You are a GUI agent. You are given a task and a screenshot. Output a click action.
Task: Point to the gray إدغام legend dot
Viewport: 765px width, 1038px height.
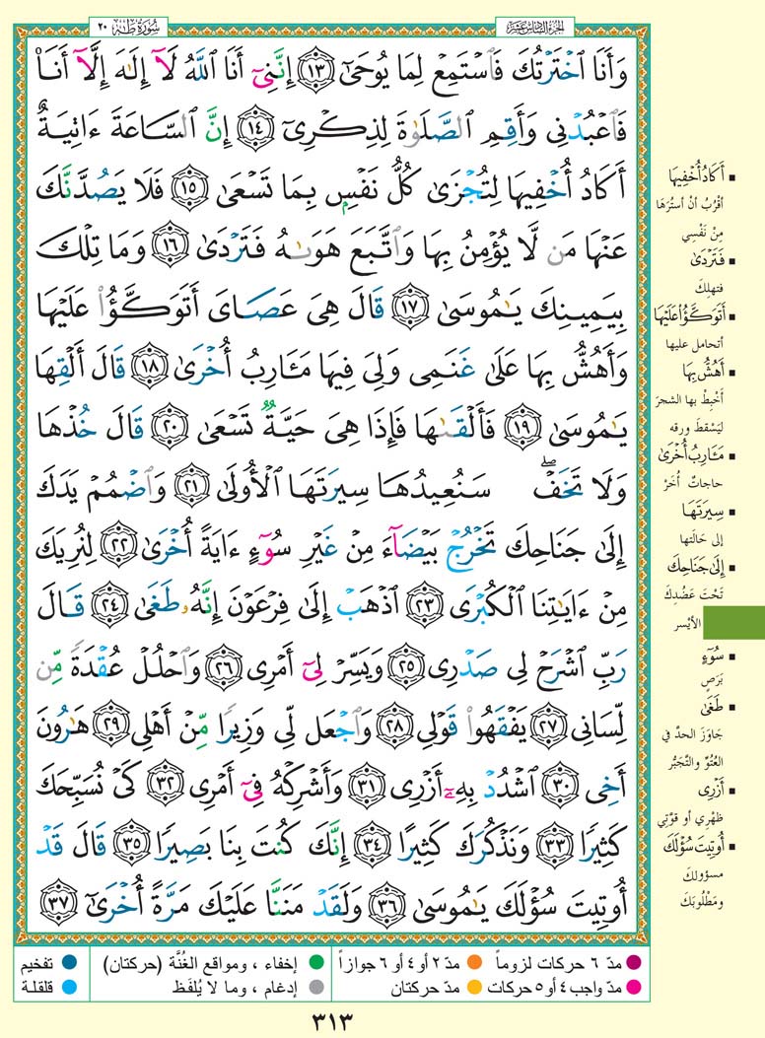pyautogui.click(x=315, y=983)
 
